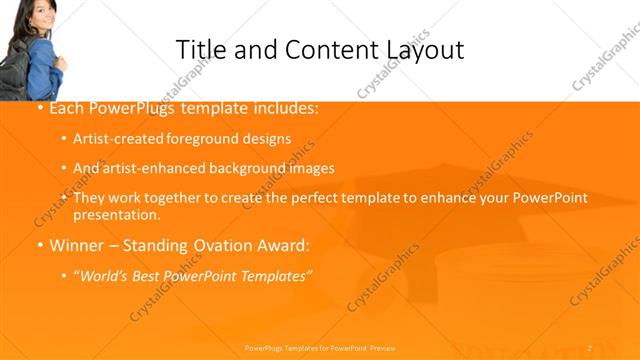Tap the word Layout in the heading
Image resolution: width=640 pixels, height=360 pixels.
point(418,50)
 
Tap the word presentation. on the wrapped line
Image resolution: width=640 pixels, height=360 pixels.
point(116,214)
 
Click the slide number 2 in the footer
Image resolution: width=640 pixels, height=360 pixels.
point(589,347)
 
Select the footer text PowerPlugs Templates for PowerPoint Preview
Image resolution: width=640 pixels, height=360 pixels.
point(320,347)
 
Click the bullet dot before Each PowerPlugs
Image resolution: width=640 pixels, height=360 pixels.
point(39,108)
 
